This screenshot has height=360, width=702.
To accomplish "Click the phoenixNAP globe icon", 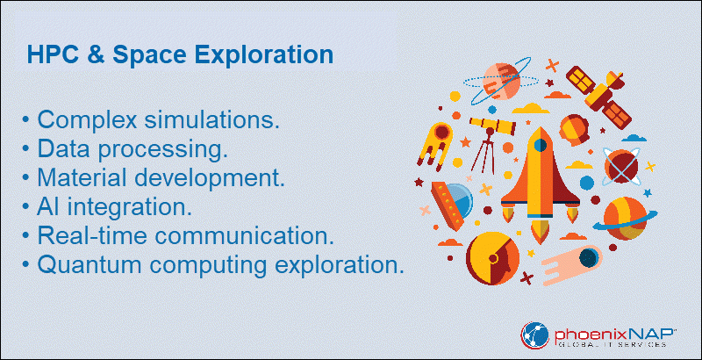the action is [x=534, y=335].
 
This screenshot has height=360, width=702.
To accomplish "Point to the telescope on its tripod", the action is [x=491, y=142].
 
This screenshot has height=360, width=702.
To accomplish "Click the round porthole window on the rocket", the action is [x=541, y=145].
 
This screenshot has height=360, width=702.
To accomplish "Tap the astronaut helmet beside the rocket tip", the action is [x=575, y=130].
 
